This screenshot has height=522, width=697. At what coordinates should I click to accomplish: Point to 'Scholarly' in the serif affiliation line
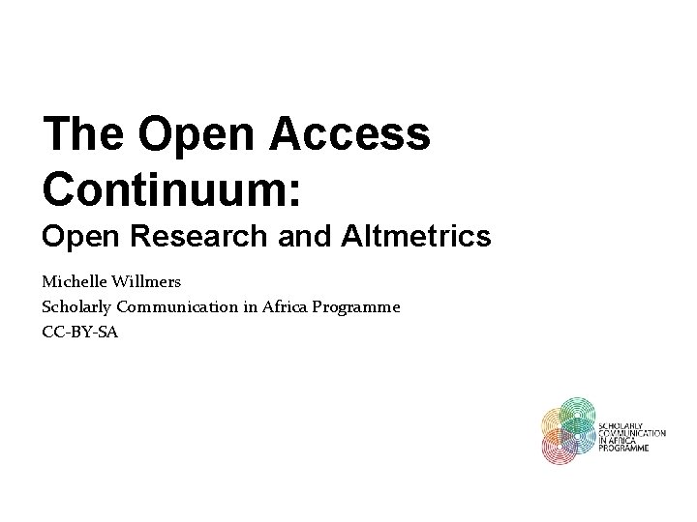click(76, 307)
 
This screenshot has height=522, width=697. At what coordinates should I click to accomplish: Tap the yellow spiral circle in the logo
click(555, 422)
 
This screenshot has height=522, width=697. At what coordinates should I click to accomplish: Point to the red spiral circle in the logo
click(559, 446)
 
